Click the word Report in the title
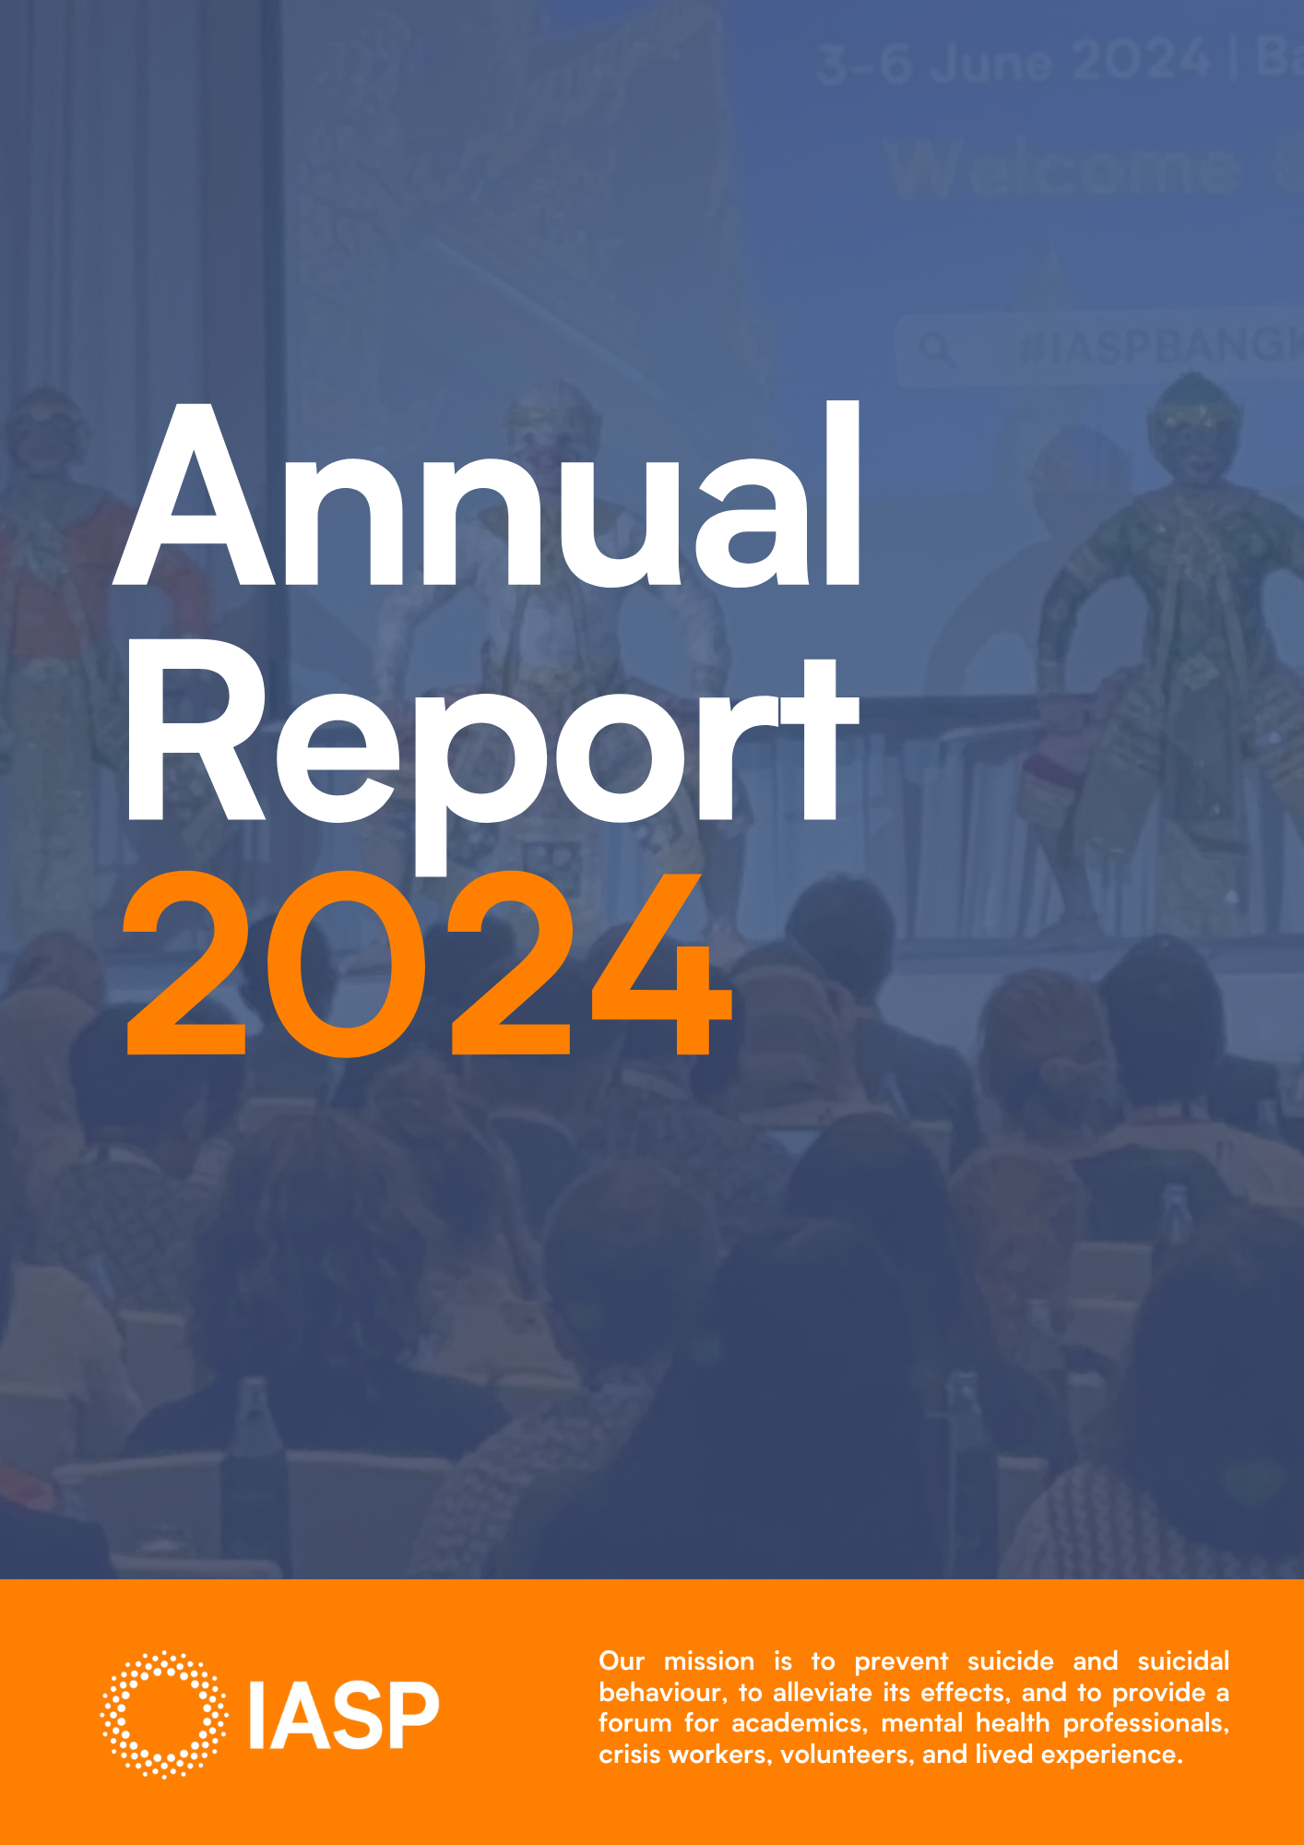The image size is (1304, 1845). [489, 738]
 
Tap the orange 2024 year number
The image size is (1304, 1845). [429, 964]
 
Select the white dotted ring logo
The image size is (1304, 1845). [164, 1714]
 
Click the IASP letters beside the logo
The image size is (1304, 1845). [344, 1716]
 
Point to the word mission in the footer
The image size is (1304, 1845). [708, 1661]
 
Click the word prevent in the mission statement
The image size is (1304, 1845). [901, 1661]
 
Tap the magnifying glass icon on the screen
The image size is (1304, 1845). [936, 350]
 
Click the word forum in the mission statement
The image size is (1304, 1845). [634, 1723]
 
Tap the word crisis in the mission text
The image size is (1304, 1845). [630, 1755]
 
